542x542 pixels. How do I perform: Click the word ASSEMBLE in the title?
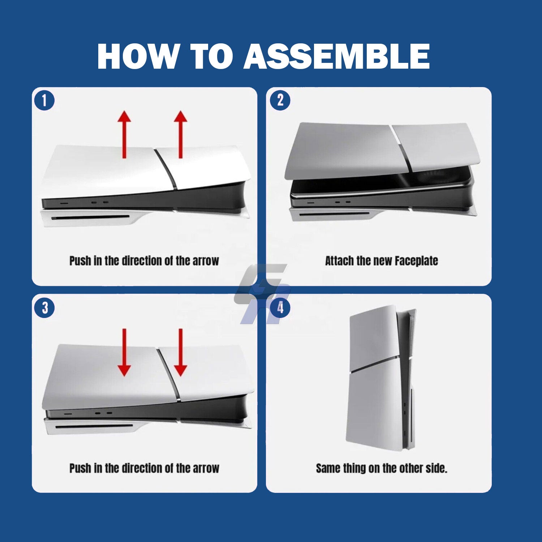[337, 56]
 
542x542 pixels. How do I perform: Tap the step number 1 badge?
[44, 100]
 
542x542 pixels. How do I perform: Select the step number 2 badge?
[280, 100]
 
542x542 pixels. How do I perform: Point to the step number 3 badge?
[44, 308]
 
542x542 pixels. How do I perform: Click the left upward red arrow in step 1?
[124, 134]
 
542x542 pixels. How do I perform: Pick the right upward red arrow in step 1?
[180, 134]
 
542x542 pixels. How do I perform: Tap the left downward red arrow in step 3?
[124, 353]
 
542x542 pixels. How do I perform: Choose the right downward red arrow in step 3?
[180, 353]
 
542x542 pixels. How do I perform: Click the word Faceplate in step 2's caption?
[416, 261]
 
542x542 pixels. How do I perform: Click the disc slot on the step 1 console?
[90, 218]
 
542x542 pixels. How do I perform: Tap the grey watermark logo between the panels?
[262, 293]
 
